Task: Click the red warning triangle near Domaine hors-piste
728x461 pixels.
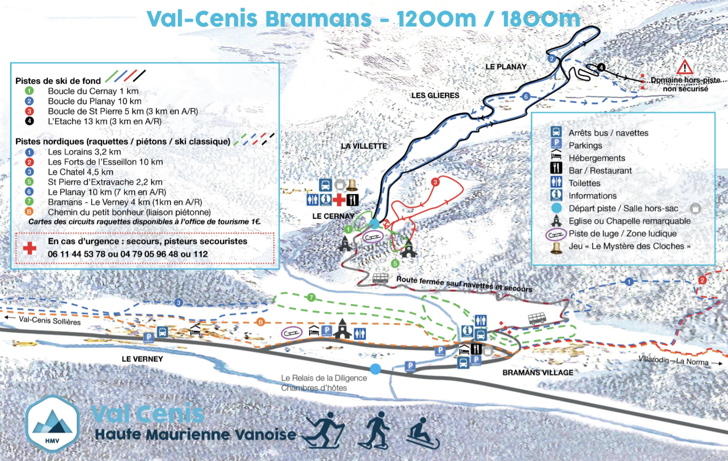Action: coord(684,67)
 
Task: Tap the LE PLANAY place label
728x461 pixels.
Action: coord(505,66)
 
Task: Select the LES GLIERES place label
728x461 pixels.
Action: coord(435,95)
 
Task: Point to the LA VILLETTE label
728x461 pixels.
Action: coord(364,146)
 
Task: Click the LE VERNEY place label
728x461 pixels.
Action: coord(142,359)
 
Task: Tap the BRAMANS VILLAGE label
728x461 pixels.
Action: coord(537,372)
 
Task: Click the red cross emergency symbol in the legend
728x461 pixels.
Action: coord(30,248)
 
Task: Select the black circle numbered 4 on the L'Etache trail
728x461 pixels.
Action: coord(601,67)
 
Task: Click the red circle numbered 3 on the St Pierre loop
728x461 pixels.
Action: coord(435,182)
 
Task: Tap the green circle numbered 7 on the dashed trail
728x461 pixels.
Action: coord(311,298)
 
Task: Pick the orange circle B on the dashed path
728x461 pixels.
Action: coord(260,322)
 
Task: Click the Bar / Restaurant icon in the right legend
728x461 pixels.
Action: coord(556,170)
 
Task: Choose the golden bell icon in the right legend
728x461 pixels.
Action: coord(556,247)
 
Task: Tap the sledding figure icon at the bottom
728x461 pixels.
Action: coord(422,433)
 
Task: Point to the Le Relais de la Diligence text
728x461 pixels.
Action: coord(324,378)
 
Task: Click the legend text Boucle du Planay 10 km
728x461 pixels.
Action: coord(94,101)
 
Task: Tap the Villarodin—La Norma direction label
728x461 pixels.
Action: coord(673,361)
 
